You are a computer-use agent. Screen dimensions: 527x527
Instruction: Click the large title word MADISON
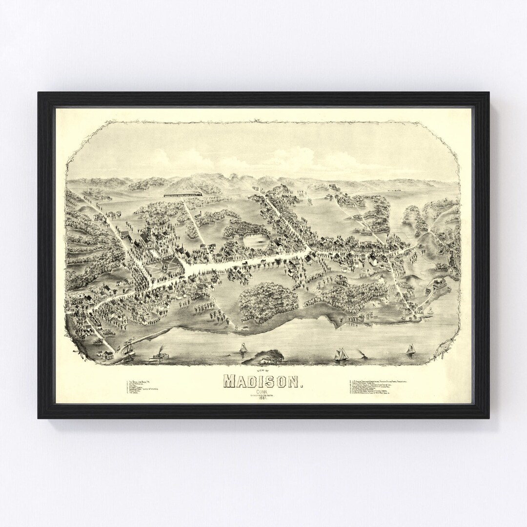coord(263,381)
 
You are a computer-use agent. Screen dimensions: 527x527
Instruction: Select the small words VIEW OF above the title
coord(263,370)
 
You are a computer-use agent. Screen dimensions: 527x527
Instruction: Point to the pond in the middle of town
coord(256,240)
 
